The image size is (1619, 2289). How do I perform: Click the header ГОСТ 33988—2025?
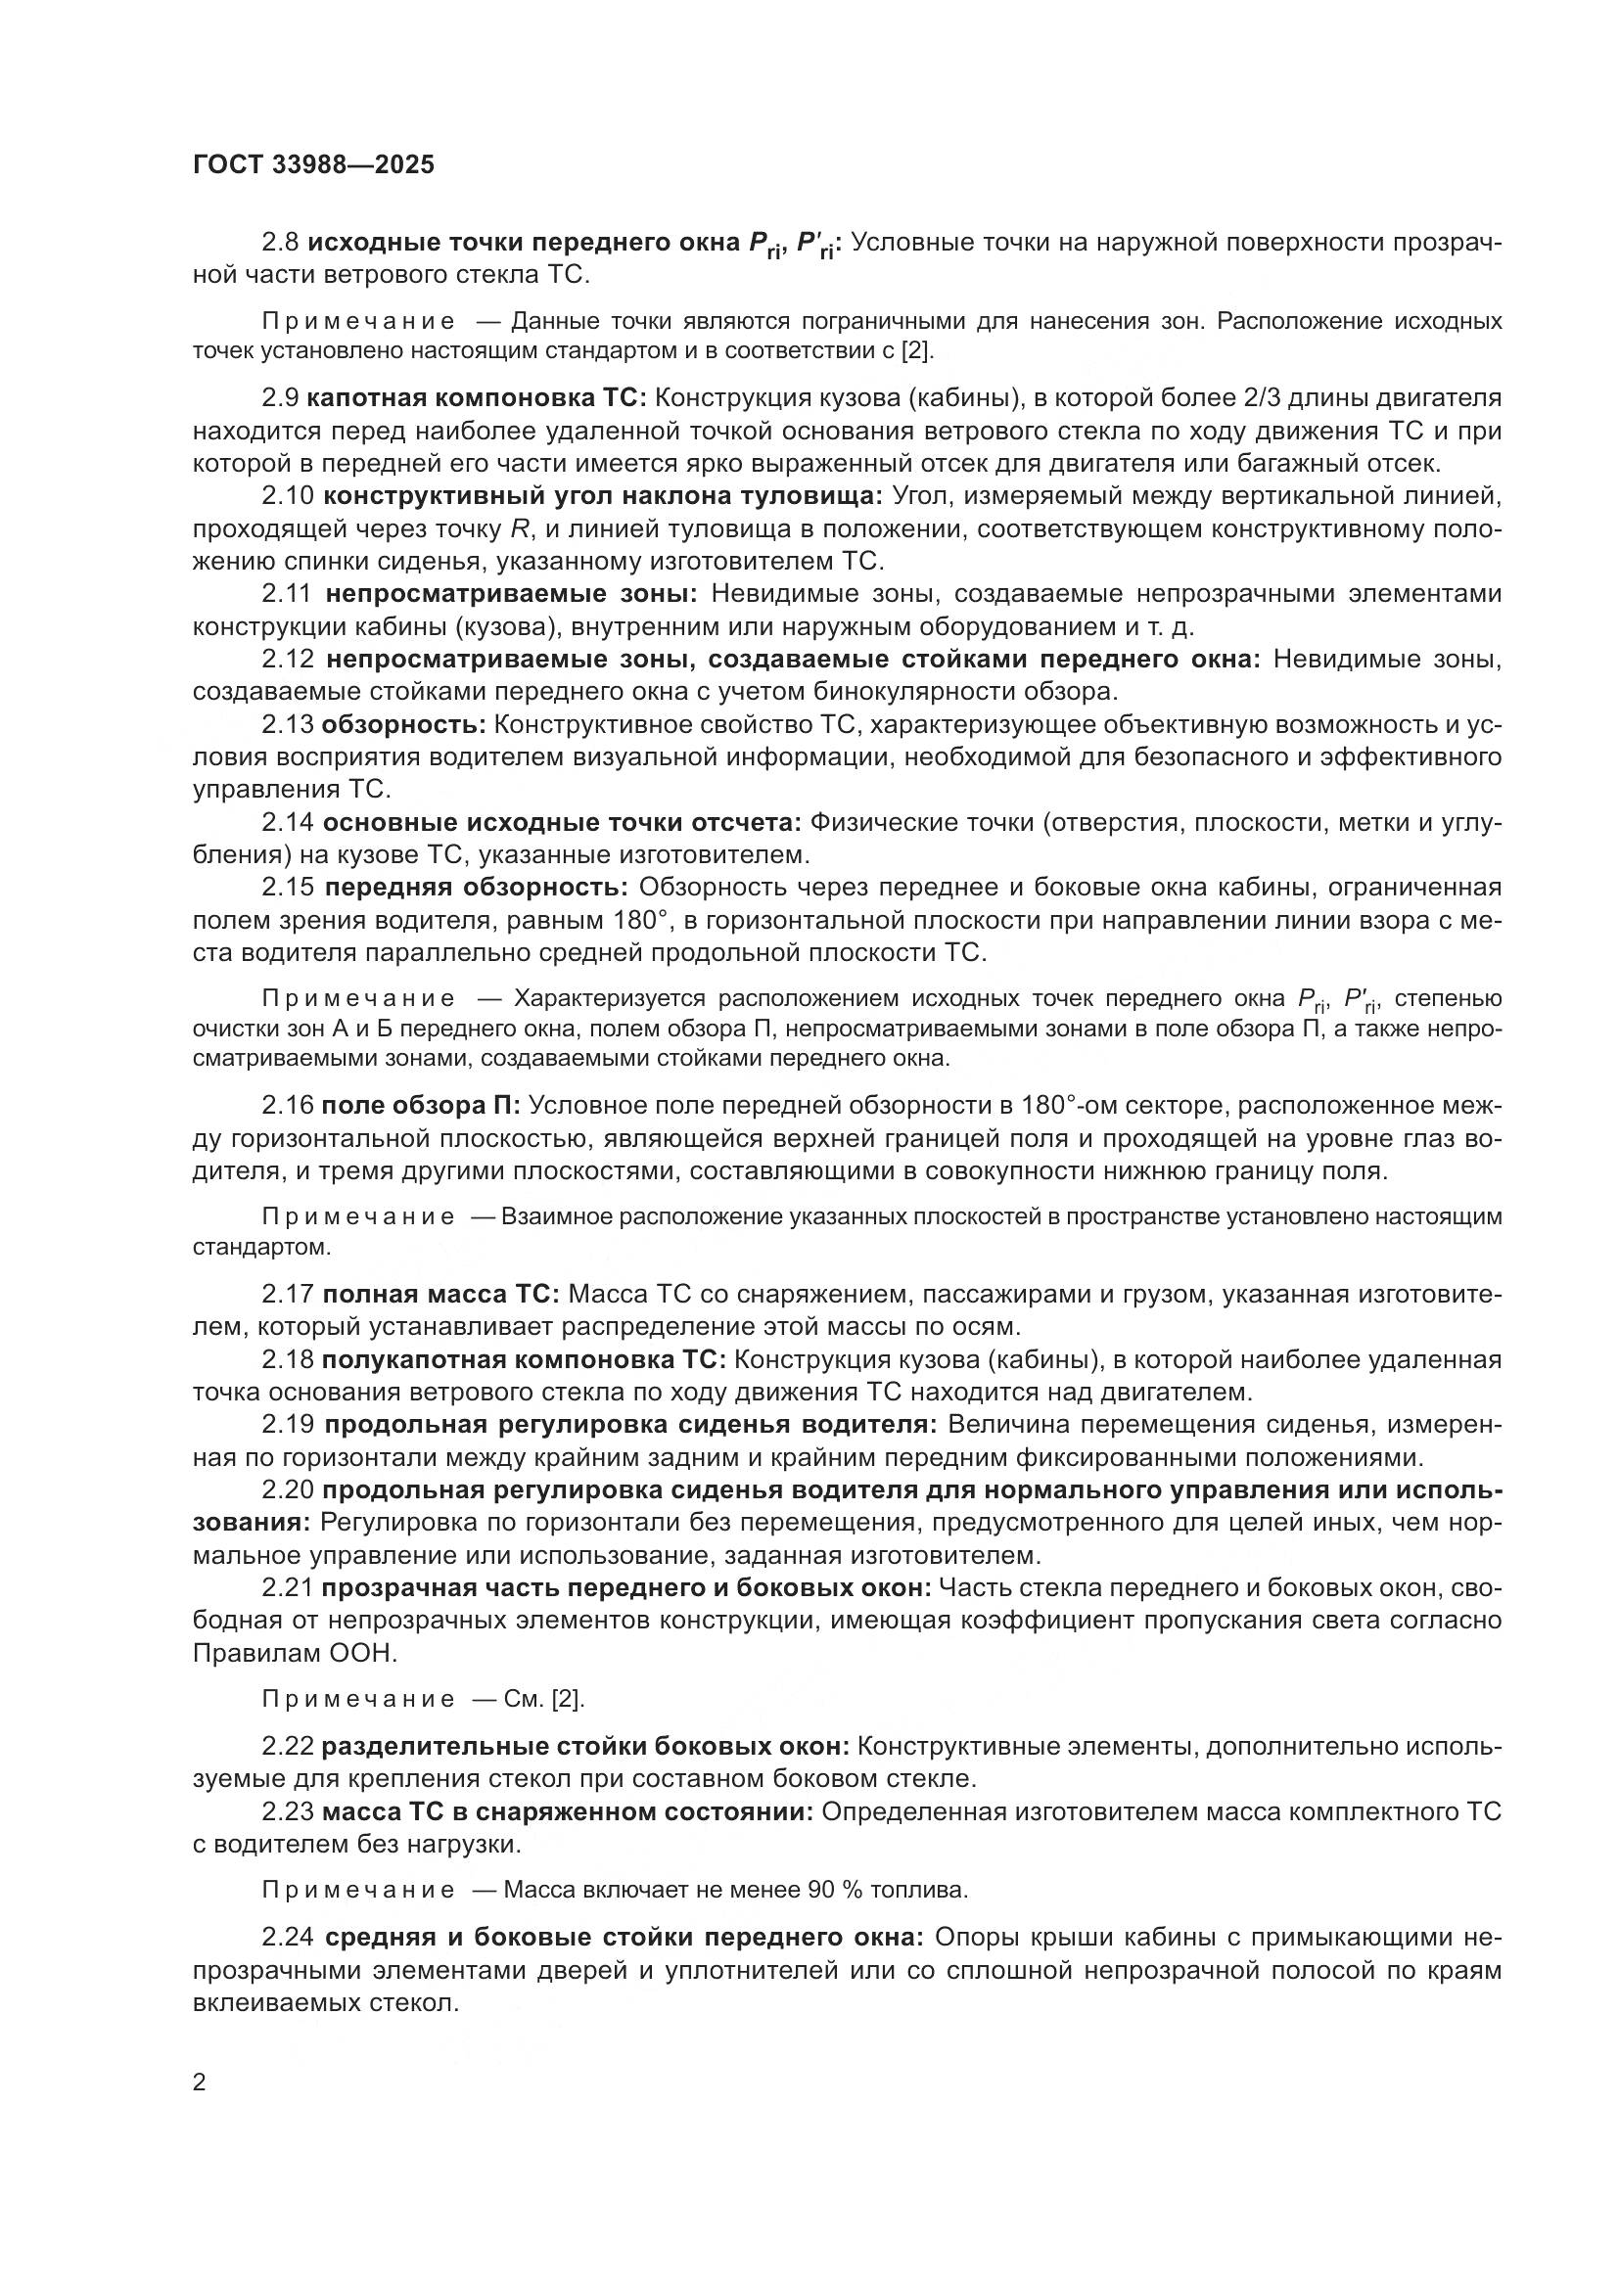pyautogui.click(x=313, y=164)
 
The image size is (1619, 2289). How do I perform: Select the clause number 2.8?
pyautogui.click(x=280, y=244)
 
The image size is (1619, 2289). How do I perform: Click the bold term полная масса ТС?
pyautogui.click(x=439, y=1295)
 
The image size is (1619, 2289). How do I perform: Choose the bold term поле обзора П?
pyautogui.click(x=421, y=1106)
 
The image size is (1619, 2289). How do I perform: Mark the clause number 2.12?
pyautogui.click(x=288, y=660)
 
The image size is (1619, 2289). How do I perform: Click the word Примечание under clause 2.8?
pyautogui.click(x=359, y=322)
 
